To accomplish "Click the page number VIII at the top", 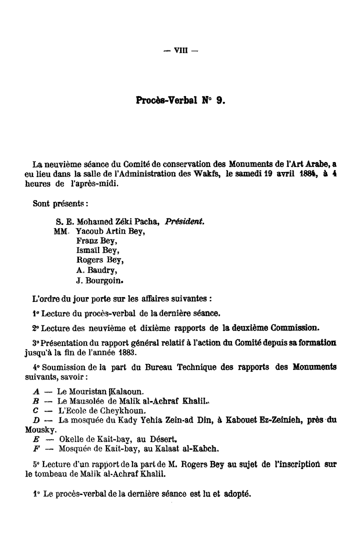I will (x=179, y=50).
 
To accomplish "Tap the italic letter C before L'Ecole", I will (x=34, y=410).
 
